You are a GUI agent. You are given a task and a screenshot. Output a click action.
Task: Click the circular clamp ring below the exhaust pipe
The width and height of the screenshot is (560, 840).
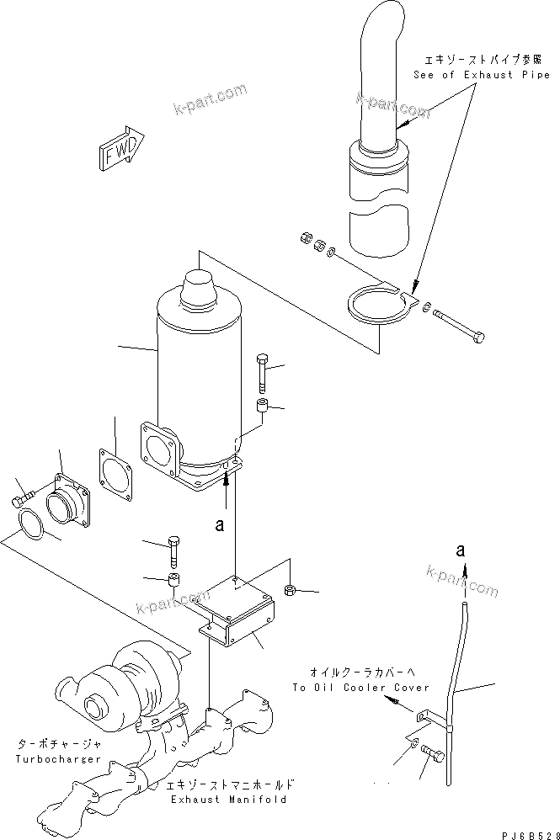(376, 308)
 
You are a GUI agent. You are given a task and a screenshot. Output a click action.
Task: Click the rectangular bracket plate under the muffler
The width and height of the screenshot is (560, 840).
(234, 609)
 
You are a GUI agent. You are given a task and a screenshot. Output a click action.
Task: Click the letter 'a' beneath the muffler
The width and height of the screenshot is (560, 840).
(219, 524)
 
